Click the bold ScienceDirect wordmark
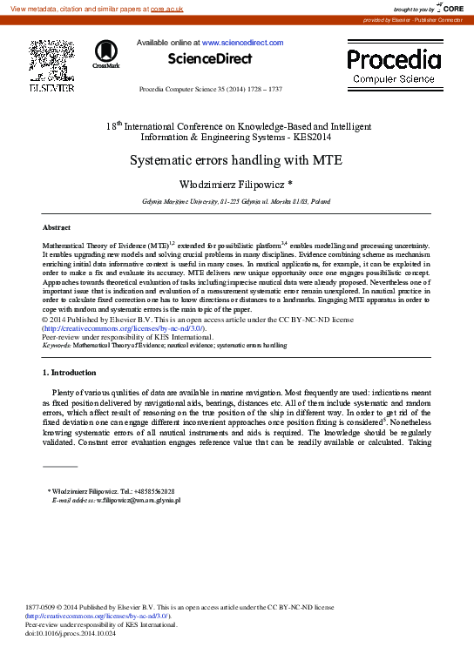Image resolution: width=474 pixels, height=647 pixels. tap(210, 59)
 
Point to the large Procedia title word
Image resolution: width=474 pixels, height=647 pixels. tap(394, 60)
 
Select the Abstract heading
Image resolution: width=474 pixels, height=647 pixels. tap(57, 226)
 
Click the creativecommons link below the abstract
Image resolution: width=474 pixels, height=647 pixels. tap(123, 328)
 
